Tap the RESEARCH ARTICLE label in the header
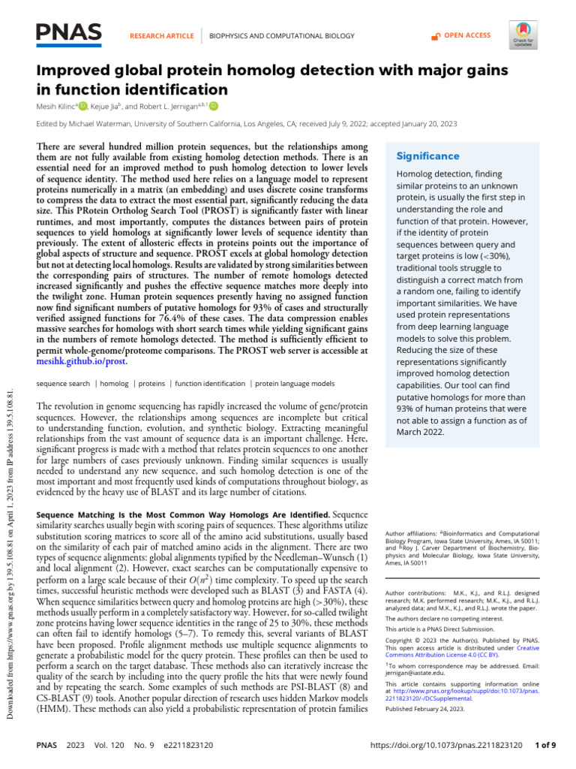pyautogui.click(x=162, y=35)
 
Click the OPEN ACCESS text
pyautogui.click(x=466, y=35)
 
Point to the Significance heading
pyautogui.click(x=427, y=156)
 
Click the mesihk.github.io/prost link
pyautogui.click(x=82, y=361)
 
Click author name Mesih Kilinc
pyautogui.click(x=57, y=106)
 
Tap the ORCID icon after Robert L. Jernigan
pyautogui.click(x=214, y=106)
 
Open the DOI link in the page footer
pyautogui.click(x=446, y=751)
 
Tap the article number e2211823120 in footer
pyautogui.click(x=180, y=751)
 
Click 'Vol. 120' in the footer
pyautogui.click(x=106, y=751)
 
